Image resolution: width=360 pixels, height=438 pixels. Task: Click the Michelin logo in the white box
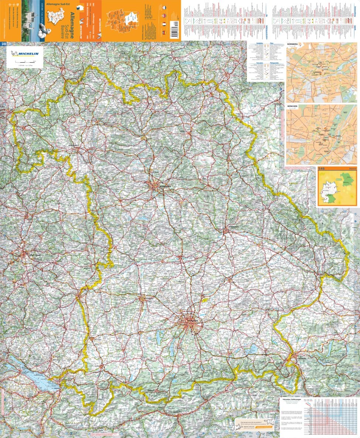25,53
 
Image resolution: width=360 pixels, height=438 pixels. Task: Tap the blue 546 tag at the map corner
4,44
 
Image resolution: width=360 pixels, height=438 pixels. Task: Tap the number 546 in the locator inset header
322,169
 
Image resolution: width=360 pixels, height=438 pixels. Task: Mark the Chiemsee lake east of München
253,349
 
